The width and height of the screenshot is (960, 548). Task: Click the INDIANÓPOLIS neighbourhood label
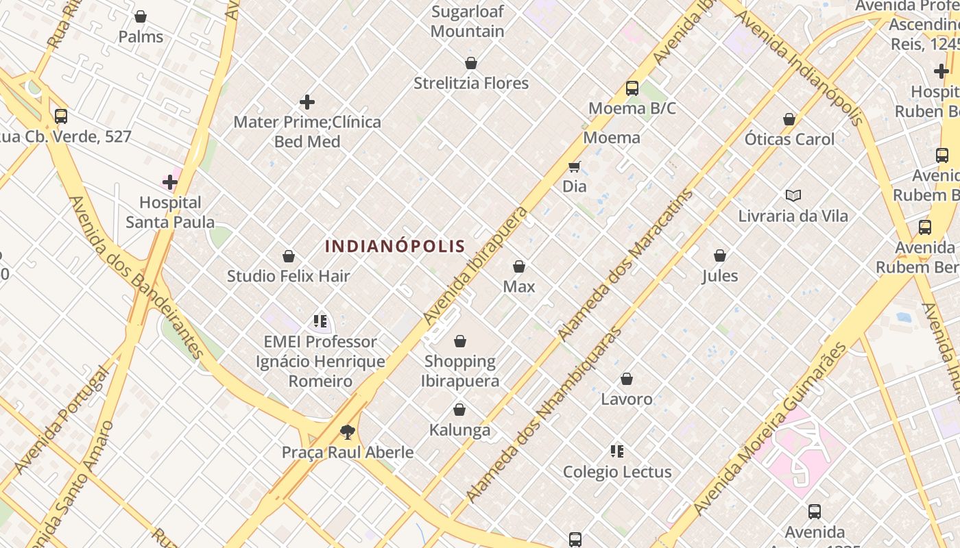tap(395, 246)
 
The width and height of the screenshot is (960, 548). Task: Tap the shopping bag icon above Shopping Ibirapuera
tap(460, 341)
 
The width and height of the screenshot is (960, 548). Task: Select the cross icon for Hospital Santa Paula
tap(170, 182)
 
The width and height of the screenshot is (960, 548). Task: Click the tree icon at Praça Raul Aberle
tap(348, 432)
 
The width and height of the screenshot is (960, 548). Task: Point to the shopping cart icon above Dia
tap(575, 166)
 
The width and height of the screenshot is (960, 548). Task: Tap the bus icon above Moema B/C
tap(632, 88)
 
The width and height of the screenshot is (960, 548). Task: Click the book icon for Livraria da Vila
tap(793, 196)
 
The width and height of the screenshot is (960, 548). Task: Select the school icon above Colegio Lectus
tap(617, 451)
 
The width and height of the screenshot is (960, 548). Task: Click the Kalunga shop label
tap(459, 430)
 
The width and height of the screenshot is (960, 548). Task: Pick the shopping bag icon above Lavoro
tap(627, 379)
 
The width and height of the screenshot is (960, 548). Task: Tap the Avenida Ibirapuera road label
tap(476, 265)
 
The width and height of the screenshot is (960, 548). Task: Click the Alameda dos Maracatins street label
tap(625, 265)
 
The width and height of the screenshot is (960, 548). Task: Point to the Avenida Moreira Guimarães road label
tap(771, 428)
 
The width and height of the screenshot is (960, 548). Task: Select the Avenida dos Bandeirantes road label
tap(136, 277)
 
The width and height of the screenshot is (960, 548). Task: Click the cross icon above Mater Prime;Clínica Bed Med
tap(307, 103)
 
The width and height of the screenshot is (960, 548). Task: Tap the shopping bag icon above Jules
tap(720, 256)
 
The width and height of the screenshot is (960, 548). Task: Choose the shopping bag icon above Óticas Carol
tap(789, 120)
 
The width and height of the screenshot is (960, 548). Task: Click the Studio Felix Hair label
tap(289, 276)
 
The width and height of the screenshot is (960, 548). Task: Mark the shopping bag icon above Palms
tap(141, 16)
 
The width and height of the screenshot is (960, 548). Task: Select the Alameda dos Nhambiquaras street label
tap(543, 415)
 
